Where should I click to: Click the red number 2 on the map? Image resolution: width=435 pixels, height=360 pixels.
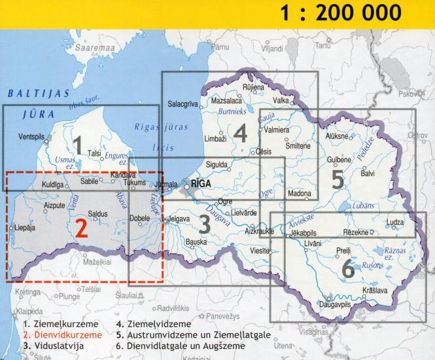[81, 227]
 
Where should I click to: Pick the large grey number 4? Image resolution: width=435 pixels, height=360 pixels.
[240, 134]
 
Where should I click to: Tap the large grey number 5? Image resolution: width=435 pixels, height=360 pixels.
[338, 179]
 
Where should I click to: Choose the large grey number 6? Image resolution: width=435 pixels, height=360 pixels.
[347, 268]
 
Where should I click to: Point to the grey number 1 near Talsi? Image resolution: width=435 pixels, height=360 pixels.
[78, 145]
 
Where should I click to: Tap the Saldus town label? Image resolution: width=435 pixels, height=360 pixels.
[98, 214]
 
